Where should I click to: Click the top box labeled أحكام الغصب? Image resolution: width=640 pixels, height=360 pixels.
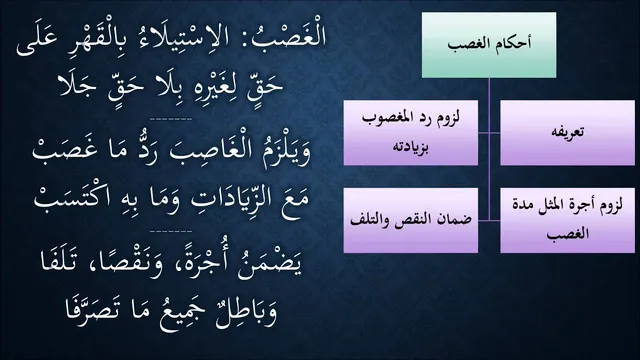coord(489,45)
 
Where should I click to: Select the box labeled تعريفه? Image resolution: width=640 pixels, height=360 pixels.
coord(567,133)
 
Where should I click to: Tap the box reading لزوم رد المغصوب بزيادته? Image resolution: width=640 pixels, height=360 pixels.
coord(411,133)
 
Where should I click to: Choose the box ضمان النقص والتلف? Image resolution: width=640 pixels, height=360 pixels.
coord(411,220)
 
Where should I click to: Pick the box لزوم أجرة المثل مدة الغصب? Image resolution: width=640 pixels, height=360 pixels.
coord(567,220)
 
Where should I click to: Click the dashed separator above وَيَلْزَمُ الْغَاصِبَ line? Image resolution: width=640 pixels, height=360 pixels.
coord(171,120)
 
